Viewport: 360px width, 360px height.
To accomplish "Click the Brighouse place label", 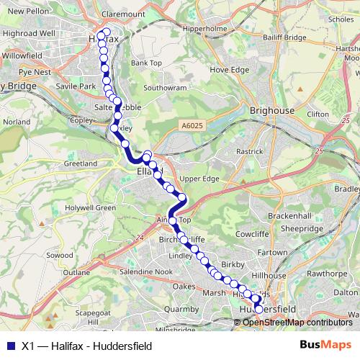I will click(x=272, y=111).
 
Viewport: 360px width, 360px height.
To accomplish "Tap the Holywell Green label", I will click(x=91, y=208).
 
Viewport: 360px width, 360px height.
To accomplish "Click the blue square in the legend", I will click(x=9, y=346).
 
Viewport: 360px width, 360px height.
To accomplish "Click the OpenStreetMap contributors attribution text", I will click(x=297, y=322).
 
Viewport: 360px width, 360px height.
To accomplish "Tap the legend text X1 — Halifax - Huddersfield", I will click(x=86, y=346).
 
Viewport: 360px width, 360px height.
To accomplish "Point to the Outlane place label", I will click(x=77, y=273).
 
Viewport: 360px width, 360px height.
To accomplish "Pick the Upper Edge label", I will click(x=199, y=178).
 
